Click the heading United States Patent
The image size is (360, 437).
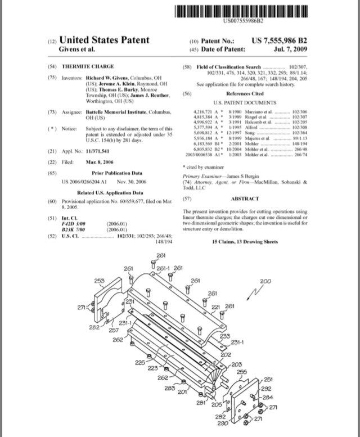pos(104,40)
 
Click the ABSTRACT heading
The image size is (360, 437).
pos(245,199)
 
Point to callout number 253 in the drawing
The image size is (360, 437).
pos(99,280)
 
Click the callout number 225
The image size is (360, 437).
pos(140,362)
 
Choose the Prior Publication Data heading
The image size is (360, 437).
pos(117,173)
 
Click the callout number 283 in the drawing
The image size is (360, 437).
pos(169,388)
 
